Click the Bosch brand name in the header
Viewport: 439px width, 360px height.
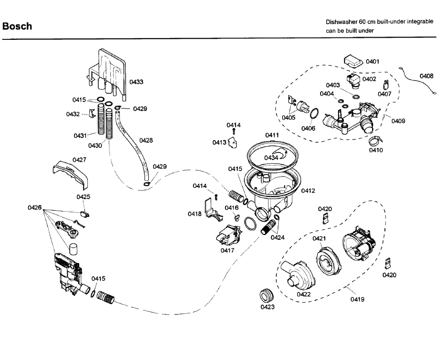pyautogui.click(x=17, y=26)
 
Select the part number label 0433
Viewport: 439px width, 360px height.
pyautogui.click(x=136, y=82)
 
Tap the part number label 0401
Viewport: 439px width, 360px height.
pyautogui.click(x=372, y=61)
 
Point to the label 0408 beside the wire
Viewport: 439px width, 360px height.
pyautogui.click(x=427, y=76)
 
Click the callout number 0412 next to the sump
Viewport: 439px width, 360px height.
pyautogui.click(x=308, y=190)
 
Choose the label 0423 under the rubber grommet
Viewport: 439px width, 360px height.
pyautogui.click(x=267, y=307)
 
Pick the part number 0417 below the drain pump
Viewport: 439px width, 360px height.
pyautogui.click(x=228, y=250)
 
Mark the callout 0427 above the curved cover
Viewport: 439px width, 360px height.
pyautogui.click(x=79, y=160)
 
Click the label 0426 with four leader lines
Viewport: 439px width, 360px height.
pyautogui.click(x=35, y=207)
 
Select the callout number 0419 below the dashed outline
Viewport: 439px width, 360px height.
pyautogui.click(x=357, y=299)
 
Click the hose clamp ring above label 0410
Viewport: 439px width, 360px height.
pyautogui.click(x=375, y=141)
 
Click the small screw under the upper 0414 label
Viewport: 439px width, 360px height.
pyautogui.click(x=234, y=132)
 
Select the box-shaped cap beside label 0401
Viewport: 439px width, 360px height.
pyautogui.click(x=353, y=61)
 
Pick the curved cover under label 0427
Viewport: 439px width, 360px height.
pyautogui.click(x=70, y=175)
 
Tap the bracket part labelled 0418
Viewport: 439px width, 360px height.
pyautogui.click(x=213, y=210)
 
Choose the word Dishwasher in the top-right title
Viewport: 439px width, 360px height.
pyautogui.click(x=341, y=22)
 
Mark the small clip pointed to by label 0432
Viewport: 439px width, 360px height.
pyautogui.click(x=92, y=114)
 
